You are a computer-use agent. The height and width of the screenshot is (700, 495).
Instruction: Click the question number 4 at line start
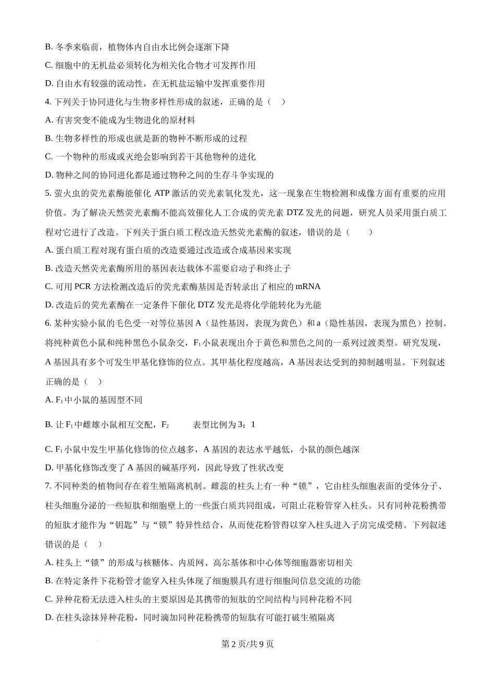click(x=47, y=102)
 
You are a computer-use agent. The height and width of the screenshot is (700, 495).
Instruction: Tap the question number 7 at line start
click(x=47, y=486)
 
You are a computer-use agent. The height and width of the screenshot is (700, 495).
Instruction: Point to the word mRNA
click(x=307, y=286)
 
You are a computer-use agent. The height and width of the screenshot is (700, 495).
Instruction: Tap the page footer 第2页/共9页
click(x=247, y=644)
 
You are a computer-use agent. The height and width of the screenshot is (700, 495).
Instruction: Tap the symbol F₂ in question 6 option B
click(x=165, y=425)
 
